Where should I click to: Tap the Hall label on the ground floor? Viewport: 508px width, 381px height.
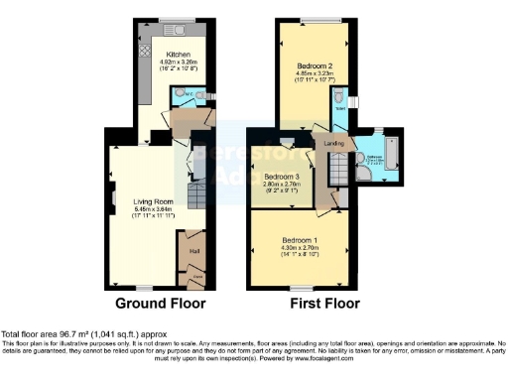pyautogui.click(x=194, y=251)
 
